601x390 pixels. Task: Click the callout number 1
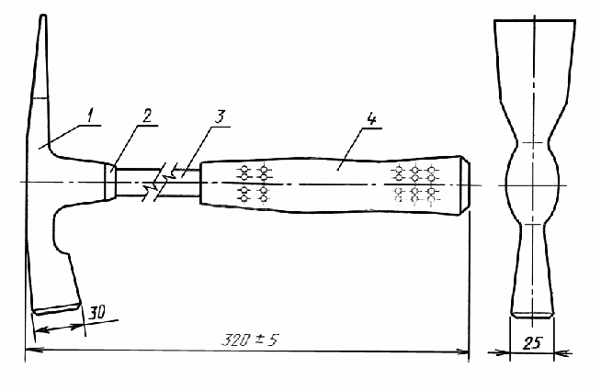(x=90, y=116)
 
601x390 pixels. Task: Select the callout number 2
(x=147, y=116)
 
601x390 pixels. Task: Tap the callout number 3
(x=220, y=117)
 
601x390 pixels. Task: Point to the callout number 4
(x=371, y=118)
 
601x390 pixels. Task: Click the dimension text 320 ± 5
(x=251, y=340)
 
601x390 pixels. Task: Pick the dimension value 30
(x=97, y=313)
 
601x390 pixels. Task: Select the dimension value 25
(x=532, y=343)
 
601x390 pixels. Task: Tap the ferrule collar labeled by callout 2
(x=111, y=182)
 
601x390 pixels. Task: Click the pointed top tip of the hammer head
(x=43, y=16)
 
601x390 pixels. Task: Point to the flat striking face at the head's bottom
(x=57, y=309)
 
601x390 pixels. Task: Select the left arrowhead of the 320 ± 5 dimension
(x=30, y=350)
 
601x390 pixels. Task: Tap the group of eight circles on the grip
(x=254, y=184)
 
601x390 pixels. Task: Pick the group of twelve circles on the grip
(x=415, y=184)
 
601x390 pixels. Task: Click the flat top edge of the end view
(x=535, y=20)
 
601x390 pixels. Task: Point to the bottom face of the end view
(x=533, y=315)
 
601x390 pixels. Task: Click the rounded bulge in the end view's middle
(x=533, y=185)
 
